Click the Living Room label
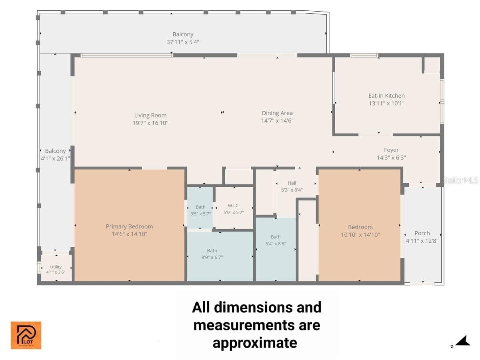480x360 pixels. click(x=150, y=115)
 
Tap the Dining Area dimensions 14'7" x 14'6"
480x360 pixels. click(x=277, y=120)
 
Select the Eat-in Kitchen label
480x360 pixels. click(x=386, y=96)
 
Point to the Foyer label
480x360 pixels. click(x=391, y=150)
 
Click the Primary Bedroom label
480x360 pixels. click(x=129, y=226)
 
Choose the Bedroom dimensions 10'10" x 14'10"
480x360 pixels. click(x=360, y=234)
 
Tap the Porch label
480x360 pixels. click(x=422, y=233)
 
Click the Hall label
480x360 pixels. click(x=292, y=183)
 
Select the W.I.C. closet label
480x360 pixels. click(x=234, y=206)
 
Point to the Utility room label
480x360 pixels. click(x=56, y=267)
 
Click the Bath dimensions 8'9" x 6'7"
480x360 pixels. click(x=212, y=257)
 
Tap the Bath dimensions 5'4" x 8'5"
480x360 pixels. click(x=275, y=244)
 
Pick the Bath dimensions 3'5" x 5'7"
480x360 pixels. click(x=200, y=214)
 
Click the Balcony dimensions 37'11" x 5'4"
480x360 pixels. click(x=182, y=42)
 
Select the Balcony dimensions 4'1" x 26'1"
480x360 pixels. click(x=55, y=158)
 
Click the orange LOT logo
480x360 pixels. click(x=26, y=335)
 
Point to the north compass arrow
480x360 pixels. click(x=463, y=341)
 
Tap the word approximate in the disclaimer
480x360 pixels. click(x=254, y=343)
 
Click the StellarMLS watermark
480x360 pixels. click(x=460, y=180)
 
